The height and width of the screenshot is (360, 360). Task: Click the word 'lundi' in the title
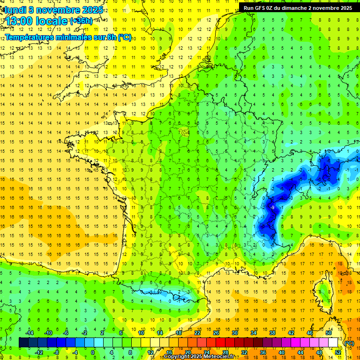(x=15, y=10)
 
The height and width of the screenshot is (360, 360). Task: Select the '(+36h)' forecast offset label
(x=81, y=21)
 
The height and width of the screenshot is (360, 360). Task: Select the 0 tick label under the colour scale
(x=92, y=352)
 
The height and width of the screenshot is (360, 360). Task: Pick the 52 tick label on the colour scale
(x=337, y=352)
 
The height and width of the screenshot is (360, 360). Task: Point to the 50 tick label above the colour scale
(x=328, y=333)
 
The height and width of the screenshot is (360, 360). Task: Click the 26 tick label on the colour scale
(x=216, y=333)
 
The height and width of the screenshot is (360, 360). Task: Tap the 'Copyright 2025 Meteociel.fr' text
(x=200, y=357)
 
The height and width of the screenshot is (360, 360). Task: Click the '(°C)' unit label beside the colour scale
(x=349, y=343)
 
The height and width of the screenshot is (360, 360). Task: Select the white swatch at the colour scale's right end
(x=333, y=343)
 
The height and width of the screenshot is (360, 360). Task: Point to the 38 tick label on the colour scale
(x=272, y=333)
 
